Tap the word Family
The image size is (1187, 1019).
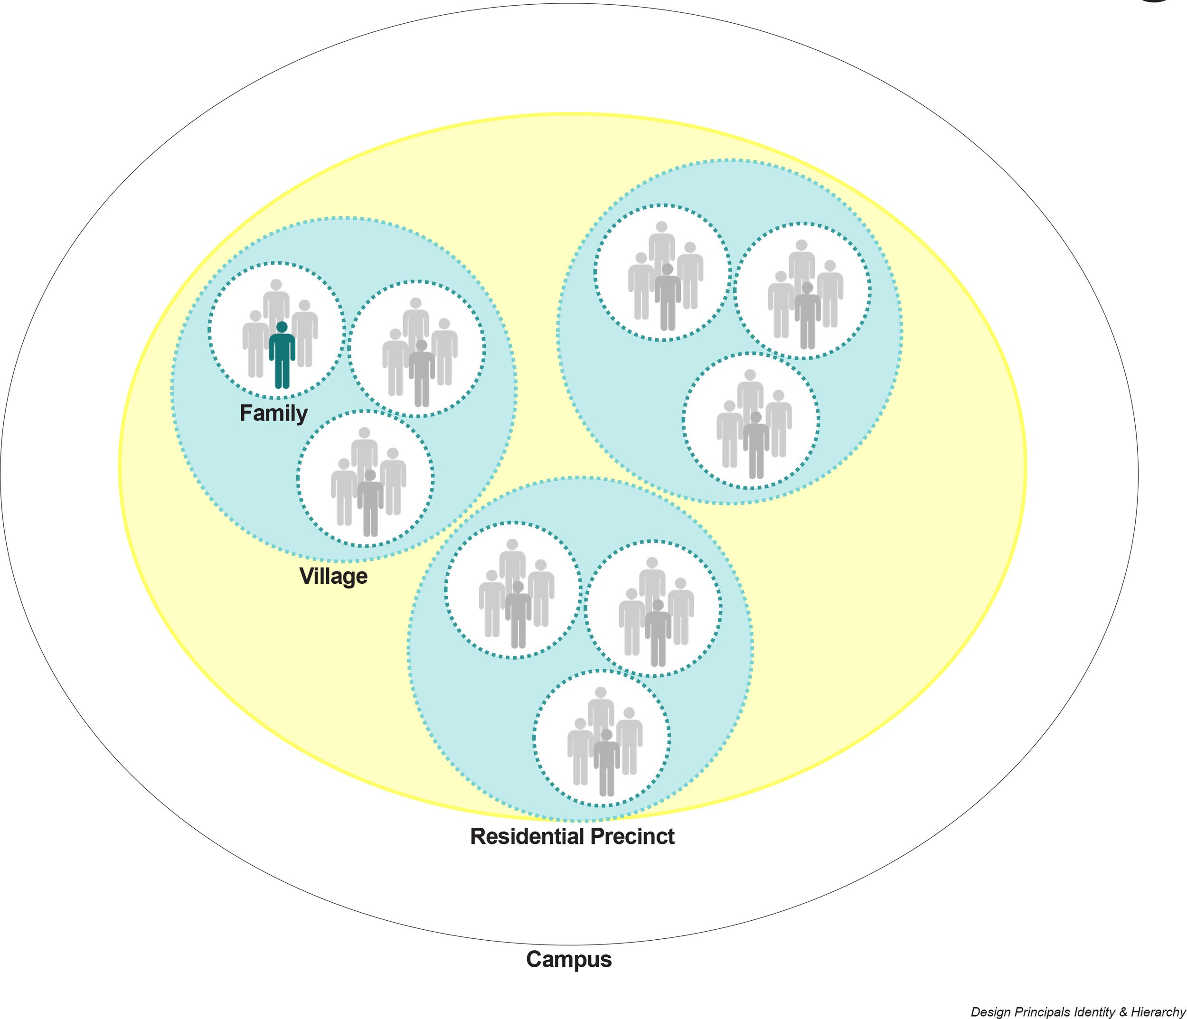click(x=273, y=413)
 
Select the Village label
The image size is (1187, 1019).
click(x=333, y=576)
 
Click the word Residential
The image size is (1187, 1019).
click(x=527, y=836)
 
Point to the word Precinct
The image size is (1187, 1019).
click(x=632, y=836)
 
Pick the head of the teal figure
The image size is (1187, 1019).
click(x=282, y=327)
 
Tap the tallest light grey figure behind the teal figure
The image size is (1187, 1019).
click(x=276, y=304)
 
